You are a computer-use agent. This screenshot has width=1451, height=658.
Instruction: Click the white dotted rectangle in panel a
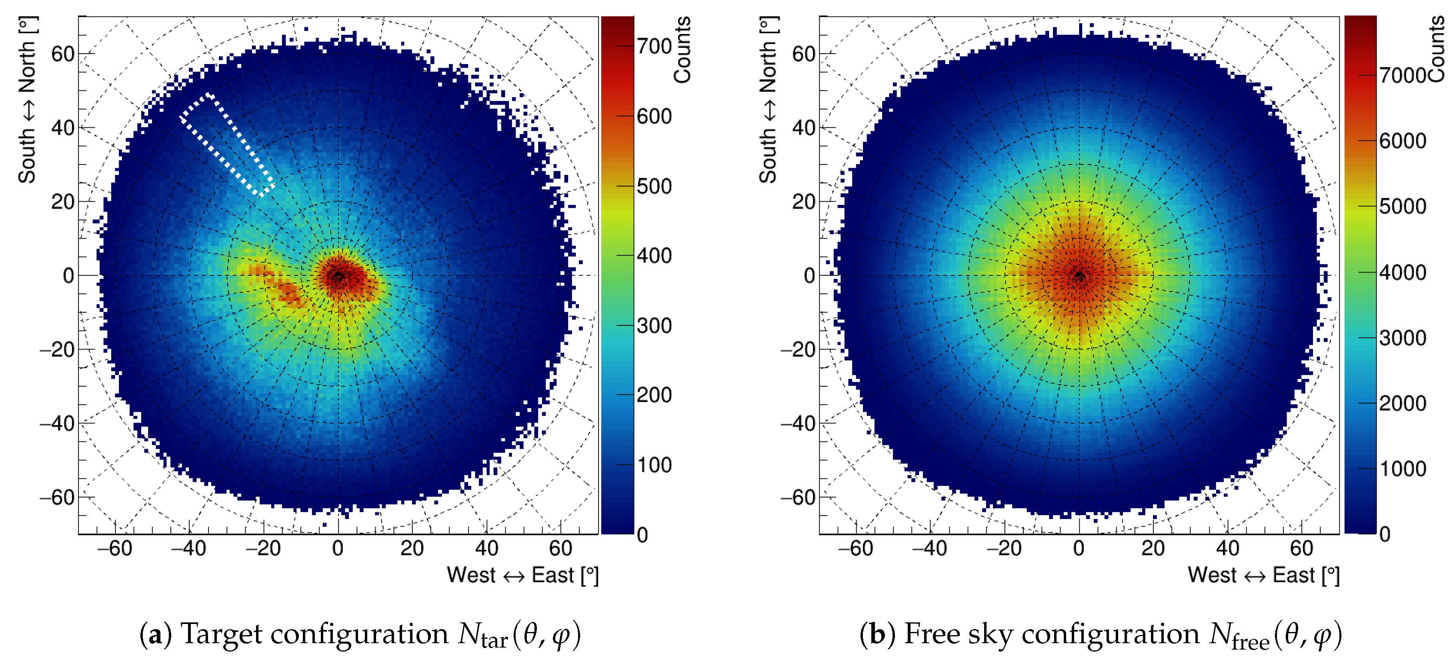227,145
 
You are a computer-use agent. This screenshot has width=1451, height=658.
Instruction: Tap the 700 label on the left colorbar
654,46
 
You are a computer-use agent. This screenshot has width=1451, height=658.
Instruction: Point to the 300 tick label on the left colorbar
654,326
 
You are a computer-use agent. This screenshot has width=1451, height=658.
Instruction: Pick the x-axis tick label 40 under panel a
486,548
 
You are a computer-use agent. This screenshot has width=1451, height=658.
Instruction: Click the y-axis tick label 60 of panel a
62,55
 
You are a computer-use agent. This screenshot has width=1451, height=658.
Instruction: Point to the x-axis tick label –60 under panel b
855,548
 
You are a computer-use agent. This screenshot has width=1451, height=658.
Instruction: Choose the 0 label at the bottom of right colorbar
1385,534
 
